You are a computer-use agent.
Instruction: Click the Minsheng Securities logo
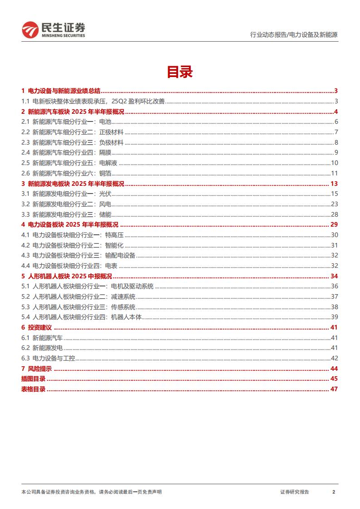[x=54, y=29]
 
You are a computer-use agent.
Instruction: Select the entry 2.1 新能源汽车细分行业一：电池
[x=66, y=121]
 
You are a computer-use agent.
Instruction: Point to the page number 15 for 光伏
[x=335, y=194]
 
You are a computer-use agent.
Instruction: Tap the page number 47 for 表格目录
[x=335, y=389]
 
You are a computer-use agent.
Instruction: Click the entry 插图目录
[x=33, y=379]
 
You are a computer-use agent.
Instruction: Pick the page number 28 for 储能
[x=335, y=214]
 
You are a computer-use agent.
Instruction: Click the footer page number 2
[x=334, y=492]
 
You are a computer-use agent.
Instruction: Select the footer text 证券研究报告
[x=294, y=492]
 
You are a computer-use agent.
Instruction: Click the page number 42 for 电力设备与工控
[x=335, y=359]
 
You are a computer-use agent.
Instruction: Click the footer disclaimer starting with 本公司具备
[x=91, y=492]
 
